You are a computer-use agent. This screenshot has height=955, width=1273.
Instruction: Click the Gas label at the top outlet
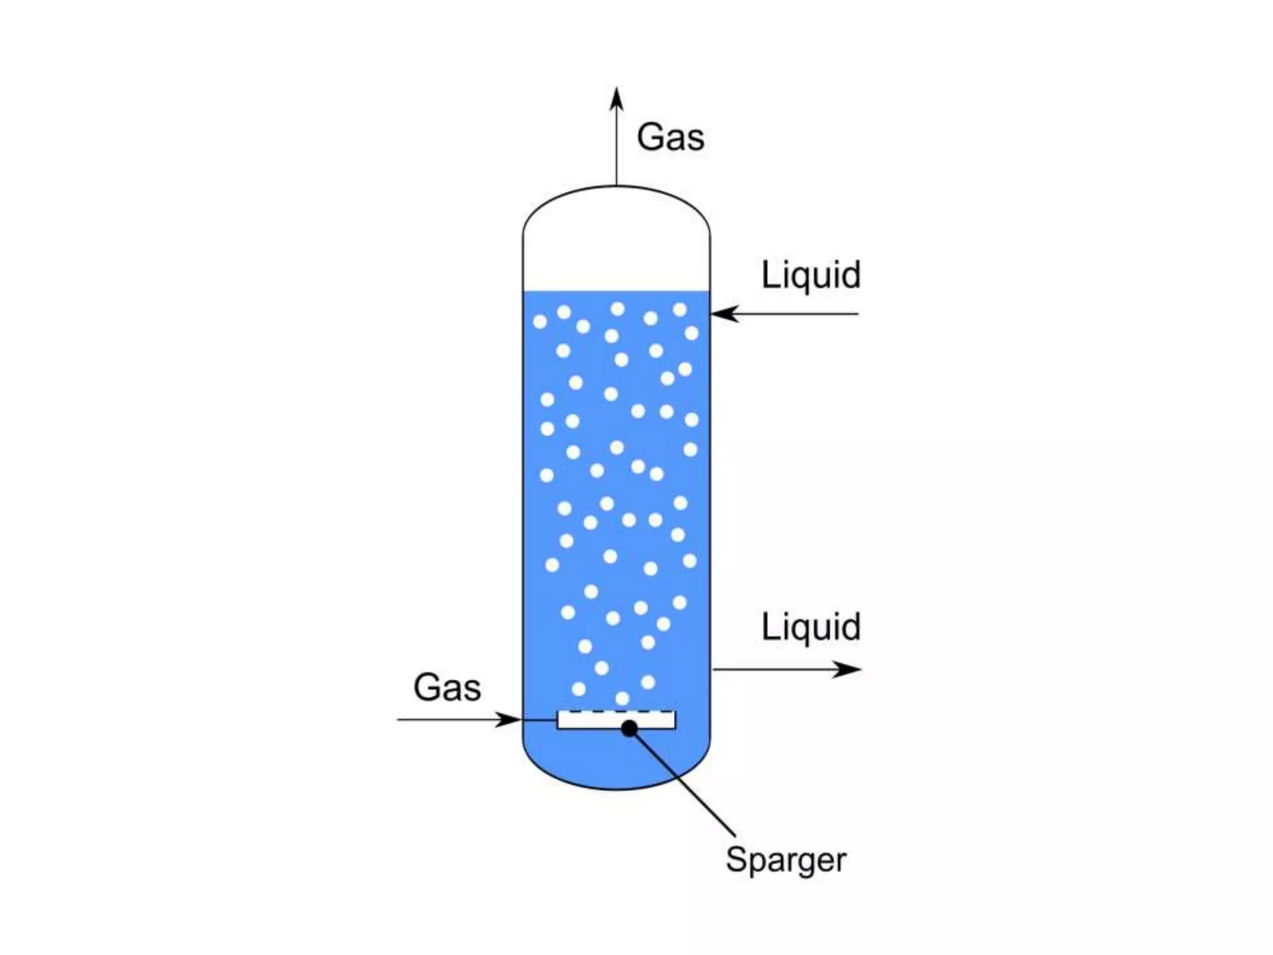(x=670, y=137)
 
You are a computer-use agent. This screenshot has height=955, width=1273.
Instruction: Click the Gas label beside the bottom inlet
(x=447, y=688)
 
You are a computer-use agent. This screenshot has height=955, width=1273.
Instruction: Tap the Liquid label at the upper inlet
(x=811, y=275)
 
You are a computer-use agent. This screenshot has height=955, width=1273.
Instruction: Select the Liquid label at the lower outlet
(x=811, y=627)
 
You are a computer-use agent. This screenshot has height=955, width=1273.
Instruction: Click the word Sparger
(x=786, y=860)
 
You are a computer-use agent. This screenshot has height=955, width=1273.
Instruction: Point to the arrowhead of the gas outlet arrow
(x=616, y=99)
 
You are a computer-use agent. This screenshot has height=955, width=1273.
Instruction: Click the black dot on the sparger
(x=629, y=728)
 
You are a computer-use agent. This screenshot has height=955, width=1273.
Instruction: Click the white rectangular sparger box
(x=591, y=721)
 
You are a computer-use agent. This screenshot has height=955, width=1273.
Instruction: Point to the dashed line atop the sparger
(x=615, y=711)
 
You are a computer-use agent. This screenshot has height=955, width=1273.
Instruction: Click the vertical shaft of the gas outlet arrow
(x=616, y=149)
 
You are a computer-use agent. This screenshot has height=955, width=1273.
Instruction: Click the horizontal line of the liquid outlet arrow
(x=777, y=670)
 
